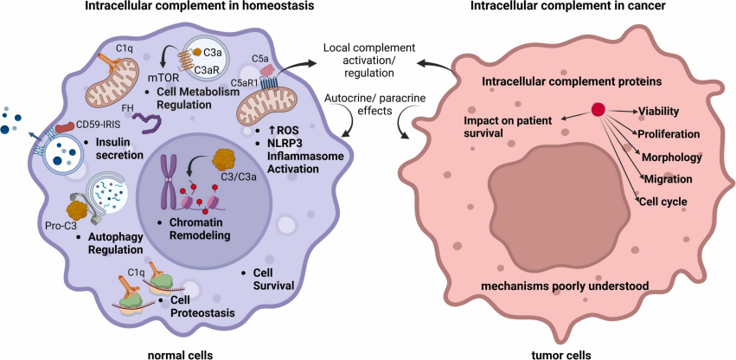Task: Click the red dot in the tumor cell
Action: (x=598, y=110)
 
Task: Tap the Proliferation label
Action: (x=669, y=133)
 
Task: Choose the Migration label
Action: (x=669, y=179)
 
